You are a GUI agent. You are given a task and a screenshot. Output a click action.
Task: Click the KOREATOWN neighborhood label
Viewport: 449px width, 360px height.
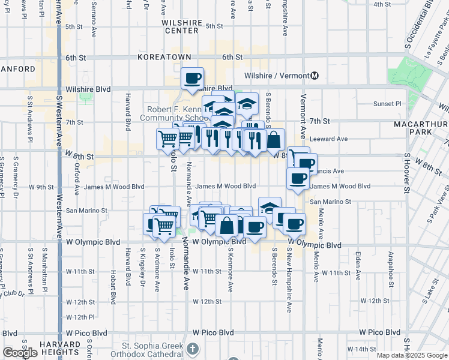(x=164, y=57)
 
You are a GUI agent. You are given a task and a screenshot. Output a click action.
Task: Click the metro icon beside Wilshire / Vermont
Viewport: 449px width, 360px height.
(x=315, y=76)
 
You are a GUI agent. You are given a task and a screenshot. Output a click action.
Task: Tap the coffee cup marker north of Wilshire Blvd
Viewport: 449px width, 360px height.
(x=193, y=79)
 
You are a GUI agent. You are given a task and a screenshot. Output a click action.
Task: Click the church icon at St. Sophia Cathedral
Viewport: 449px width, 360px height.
(x=192, y=348)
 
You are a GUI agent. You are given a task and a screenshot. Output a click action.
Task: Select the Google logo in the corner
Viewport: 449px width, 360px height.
(x=20, y=353)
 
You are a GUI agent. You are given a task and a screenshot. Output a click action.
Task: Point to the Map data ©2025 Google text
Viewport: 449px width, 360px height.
(x=411, y=355)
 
